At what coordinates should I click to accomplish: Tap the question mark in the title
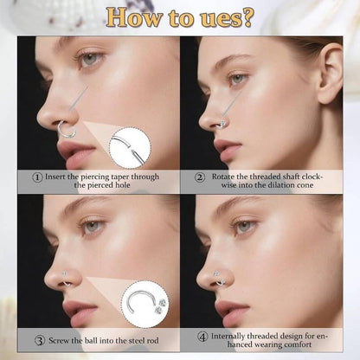[x=247, y=17]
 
